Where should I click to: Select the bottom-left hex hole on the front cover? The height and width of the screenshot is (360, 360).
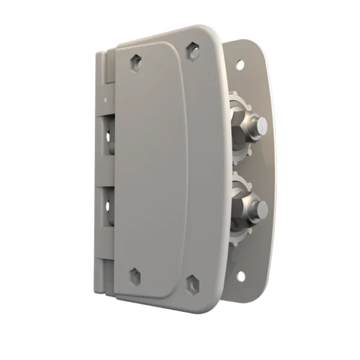tap(135, 277)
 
